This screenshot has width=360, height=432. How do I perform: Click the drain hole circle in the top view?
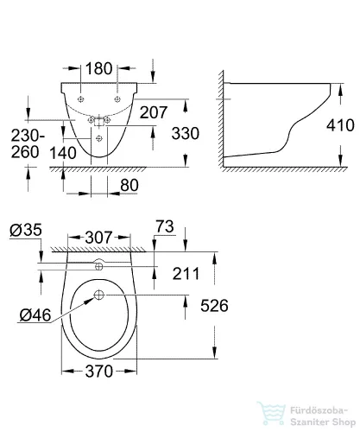pyautogui.click(x=99, y=295)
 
